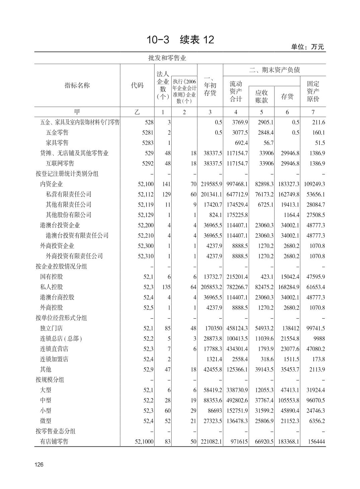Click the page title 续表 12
point(180,40)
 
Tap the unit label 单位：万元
point(307,47)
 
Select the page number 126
point(39,465)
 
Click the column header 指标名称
point(77,86)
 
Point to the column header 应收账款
point(261,96)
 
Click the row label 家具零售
point(57,143)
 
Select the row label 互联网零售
point(60,163)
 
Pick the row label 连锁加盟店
point(54,359)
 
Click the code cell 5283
point(148,143)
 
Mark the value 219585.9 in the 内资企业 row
point(212,184)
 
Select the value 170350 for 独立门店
point(213,328)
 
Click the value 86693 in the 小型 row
point(215,411)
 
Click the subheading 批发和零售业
point(167,58)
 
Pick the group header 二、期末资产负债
point(274,70)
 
